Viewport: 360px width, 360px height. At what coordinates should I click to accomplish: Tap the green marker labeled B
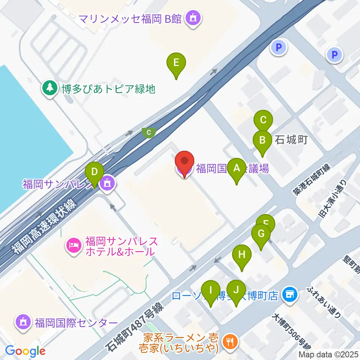(262, 141)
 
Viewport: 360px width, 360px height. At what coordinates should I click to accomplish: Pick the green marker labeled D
(94, 173)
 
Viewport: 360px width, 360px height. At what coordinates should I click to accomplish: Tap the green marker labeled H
(242, 256)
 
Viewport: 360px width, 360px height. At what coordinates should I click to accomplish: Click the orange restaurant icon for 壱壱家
(229, 342)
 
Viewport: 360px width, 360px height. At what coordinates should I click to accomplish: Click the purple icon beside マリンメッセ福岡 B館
(193, 18)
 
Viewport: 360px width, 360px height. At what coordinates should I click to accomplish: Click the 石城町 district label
(291, 140)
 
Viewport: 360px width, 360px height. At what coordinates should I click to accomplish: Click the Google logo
(25, 351)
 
